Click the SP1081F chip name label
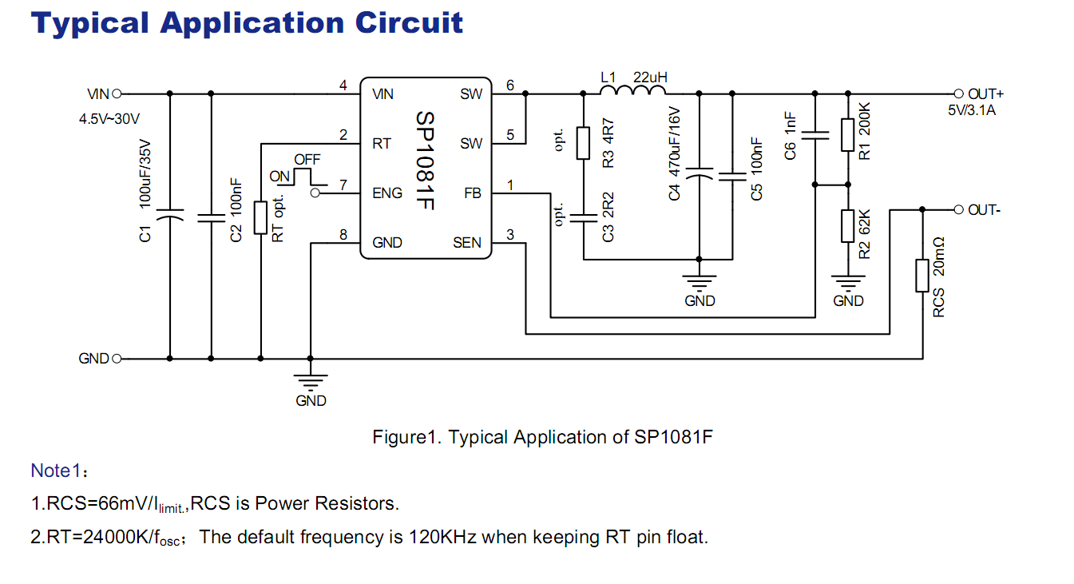pyautogui.click(x=425, y=161)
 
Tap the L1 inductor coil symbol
pyautogui.click(x=632, y=93)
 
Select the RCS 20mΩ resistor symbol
pyautogui.click(x=923, y=275)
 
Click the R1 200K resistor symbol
pyautogui.click(x=848, y=136)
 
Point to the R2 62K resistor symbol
pyautogui.click(x=848, y=226)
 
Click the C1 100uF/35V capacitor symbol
pyautogui.click(x=169, y=217)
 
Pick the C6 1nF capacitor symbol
pyautogui.click(x=814, y=137)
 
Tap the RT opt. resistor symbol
pyautogui.click(x=260, y=217)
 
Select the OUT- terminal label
pyautogui.click(x=984, y=210)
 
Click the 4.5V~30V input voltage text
pyautogui.click(x=109, y=119)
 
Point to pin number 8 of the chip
pyautogui.click(x=343, y=234)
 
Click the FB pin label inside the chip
pyautogui.click(x=473, y=193)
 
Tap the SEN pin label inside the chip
pyautogui.click(x=468, y=242)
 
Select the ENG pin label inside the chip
pyautogui.click(x=387, y=193)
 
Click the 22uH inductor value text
pyautogui.click(x=650, y=77)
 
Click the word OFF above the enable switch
pyautogui.click(x=307, y=160)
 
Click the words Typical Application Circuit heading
pyautogui.click(x=247, y=22)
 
